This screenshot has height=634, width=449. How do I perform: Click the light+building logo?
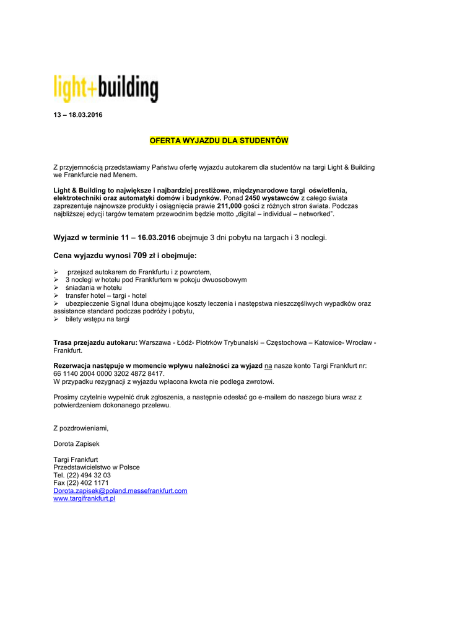(x=105, y=89)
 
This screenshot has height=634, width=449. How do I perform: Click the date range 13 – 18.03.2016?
(x=78, y=116)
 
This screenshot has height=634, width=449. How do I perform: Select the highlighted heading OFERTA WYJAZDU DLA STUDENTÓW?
(x=219, y=141)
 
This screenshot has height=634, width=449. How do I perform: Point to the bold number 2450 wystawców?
(x=272, y=198)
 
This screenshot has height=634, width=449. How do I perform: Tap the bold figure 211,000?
(x=229, y=206)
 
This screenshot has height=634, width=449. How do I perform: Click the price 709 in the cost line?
(x=140, y=254)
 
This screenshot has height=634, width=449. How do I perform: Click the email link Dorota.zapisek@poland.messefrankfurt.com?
(x=120, y=490)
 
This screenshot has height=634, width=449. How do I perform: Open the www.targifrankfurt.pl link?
(x=84, y=498)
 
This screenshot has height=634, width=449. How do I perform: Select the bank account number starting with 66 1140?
(x=109, y=374)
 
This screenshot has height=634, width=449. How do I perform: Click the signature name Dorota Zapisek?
(x=76, y=443)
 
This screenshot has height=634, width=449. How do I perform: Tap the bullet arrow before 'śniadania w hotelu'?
(x=56, y=288)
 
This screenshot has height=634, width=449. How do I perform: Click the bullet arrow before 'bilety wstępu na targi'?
(x=56, y=319)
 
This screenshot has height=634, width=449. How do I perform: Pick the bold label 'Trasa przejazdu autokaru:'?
(x=95, y=342)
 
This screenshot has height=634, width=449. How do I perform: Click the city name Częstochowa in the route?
(x=289, y=342)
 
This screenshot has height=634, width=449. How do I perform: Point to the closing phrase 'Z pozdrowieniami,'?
(x=81, y=428)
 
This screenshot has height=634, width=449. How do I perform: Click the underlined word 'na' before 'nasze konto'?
(x=268, y=366)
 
